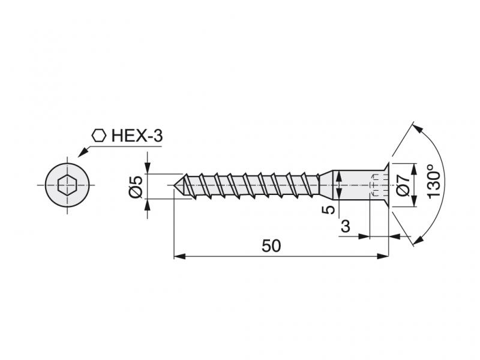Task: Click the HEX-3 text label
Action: coord(137,136)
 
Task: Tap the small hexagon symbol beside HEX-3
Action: coord(99,136)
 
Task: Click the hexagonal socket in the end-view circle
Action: coord(67,185)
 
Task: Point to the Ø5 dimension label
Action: coord(136,187)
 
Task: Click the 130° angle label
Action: coord(433,182)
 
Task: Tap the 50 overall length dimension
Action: coord(271,246)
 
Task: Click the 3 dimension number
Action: coord(346,227)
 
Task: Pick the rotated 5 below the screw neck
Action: coord(329,210)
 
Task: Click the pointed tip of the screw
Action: coord(174,185)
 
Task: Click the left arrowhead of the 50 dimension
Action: coord(179,257)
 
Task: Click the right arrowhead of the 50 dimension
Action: coord(383,257)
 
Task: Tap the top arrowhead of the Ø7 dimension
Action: coord(414,170)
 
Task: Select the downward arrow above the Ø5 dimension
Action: coord(148,168)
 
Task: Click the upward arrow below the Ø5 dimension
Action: coord(148,205)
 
